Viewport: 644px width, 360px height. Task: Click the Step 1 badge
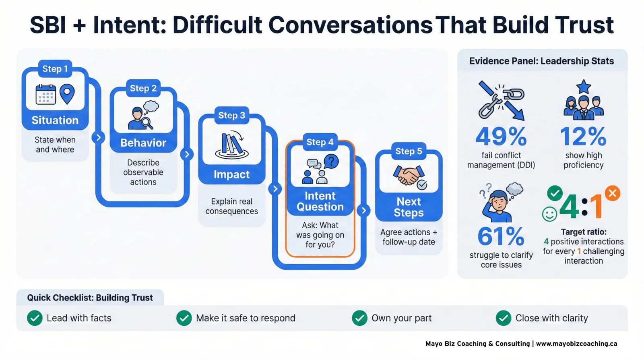55,69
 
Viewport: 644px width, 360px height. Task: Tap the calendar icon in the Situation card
45,95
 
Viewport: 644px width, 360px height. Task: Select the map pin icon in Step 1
67,93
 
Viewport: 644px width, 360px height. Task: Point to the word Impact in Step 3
231,174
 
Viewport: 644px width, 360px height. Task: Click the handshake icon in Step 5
409,176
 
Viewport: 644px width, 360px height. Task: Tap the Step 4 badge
320,142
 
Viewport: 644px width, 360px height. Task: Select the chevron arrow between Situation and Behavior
98,137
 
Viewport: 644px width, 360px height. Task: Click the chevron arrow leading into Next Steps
363,210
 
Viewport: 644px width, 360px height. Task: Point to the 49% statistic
501,137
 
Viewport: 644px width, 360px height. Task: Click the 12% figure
583,137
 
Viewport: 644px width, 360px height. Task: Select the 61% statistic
501,236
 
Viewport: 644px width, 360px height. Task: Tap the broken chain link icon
501,101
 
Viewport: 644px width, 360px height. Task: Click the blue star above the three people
584,86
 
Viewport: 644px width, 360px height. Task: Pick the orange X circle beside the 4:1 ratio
612,193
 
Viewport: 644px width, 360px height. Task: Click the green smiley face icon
549,214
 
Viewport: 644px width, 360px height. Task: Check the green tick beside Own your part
359,318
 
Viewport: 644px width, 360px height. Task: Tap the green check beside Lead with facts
35,318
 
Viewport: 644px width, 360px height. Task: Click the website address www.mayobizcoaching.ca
576,343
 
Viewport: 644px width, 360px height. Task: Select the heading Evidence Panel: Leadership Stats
541,61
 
